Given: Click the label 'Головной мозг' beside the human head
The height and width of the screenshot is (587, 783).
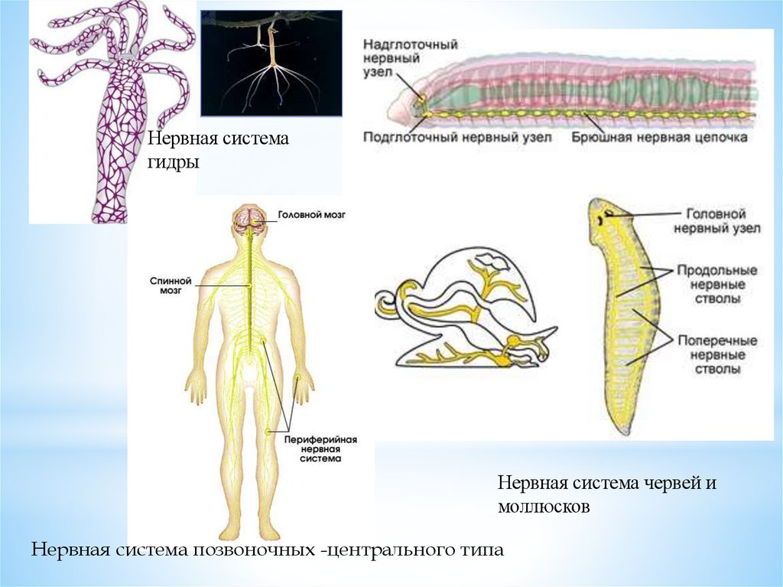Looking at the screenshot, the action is [311, 216].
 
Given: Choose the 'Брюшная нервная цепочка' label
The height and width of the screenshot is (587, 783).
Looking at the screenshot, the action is [659, 138].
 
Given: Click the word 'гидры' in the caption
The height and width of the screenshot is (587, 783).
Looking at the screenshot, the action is [175, 163].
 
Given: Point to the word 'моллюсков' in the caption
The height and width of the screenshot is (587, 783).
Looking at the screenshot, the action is [543, 506].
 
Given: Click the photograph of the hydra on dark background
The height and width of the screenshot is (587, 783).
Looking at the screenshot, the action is [271, 63].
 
